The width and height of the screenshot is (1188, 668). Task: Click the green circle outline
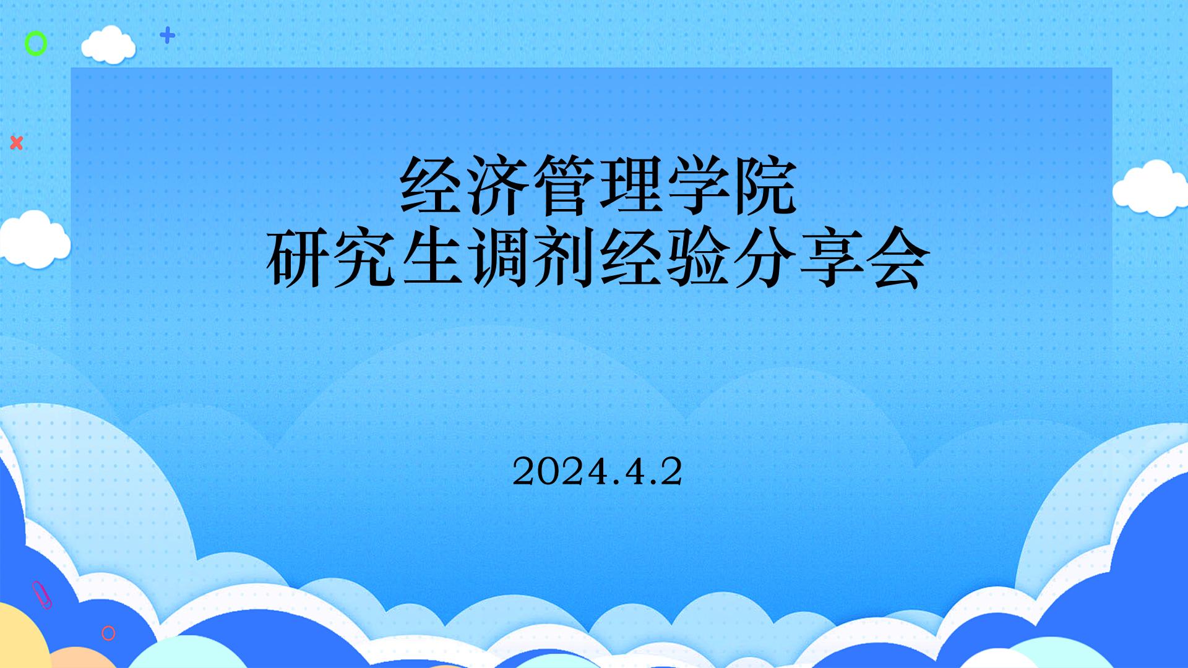(x=35, y=44)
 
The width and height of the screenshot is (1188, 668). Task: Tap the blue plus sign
(x=167, y=35)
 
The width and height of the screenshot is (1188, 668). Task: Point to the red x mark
(x=17, y=143)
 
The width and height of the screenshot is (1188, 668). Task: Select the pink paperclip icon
(x=42, y=595)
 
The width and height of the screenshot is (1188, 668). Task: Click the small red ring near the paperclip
(x=108, y=633)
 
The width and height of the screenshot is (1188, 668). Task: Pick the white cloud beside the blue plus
(x=108, y=45)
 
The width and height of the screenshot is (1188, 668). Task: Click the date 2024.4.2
(x=597, y=473)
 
